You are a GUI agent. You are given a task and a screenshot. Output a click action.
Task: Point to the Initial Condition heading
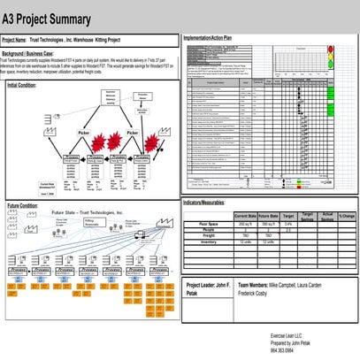click(x=22, y=85)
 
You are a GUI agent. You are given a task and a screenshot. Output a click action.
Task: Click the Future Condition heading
click(x=22, y=205)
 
